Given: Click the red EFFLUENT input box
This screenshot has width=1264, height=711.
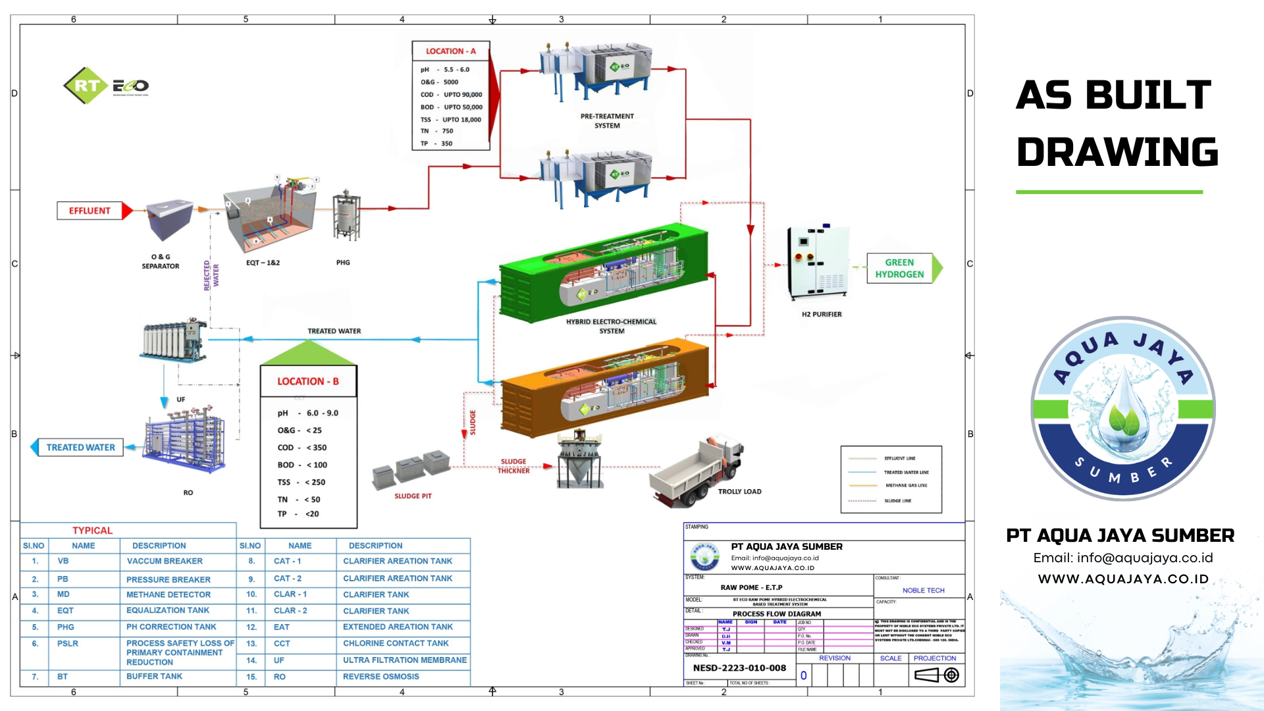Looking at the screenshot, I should click(90, 211).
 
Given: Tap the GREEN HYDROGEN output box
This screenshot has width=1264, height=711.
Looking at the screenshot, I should click(899, 269).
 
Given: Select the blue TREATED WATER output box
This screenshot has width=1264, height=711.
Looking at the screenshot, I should click(80, 448).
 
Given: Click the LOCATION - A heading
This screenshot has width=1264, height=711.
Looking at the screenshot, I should click(450, 51).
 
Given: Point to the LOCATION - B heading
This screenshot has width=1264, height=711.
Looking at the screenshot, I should click(308, 382).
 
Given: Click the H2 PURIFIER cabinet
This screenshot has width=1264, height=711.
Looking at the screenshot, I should click(818, 263).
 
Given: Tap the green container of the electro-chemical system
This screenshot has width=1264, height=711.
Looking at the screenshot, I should click(602, 273).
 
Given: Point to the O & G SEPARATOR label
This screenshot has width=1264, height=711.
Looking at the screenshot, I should click(161, 261).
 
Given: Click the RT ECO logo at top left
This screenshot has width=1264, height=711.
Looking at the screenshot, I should click(106, 86).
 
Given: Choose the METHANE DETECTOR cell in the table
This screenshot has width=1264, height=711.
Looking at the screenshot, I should click(169, 594).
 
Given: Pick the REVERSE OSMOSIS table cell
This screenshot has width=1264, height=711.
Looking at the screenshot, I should click(381, 677).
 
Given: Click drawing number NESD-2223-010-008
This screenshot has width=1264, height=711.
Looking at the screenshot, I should click(739, 668).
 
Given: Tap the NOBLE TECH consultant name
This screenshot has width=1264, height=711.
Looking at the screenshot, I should click(923, 591).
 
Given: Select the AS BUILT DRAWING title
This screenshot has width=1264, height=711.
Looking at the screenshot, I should click(1117, 124).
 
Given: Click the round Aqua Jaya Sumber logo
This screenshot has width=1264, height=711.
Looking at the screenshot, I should click(1122, 409).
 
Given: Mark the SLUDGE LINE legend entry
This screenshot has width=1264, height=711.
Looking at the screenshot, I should click(897, 501).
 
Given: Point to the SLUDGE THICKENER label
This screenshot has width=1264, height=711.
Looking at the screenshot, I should click(513, 466).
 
